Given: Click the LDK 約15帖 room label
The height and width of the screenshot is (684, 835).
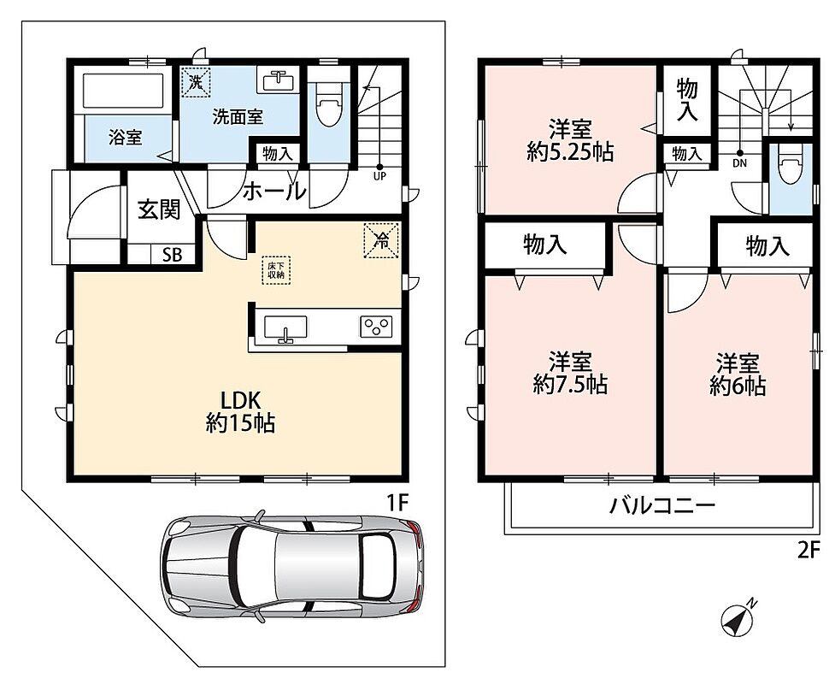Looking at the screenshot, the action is coord(240,410).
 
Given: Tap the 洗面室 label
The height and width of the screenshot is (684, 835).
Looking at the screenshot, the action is coord(238,116).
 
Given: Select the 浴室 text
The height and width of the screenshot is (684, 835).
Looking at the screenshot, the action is coord(125,138).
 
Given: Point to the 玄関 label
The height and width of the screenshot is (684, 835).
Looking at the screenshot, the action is coord(159,209).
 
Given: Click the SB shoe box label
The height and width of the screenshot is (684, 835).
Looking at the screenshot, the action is coord(172,255).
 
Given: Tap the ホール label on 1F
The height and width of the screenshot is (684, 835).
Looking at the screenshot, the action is coord(275,191).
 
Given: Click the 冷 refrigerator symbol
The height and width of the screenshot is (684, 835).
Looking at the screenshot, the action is coord(381,240).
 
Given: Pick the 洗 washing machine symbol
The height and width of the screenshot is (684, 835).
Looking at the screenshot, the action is coord(196,82).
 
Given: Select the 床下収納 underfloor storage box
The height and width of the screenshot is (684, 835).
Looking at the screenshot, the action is coord(276,270).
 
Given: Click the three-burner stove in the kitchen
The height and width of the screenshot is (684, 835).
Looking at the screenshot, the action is coord(377,327).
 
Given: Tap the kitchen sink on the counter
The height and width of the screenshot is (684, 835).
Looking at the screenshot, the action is coord(285,327).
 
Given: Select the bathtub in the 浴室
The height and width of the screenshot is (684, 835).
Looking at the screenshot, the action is coord(123,91).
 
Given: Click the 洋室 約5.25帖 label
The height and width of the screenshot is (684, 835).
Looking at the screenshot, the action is coord(570,140).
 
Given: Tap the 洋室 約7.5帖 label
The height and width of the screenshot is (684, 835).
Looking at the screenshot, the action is coord(570,373).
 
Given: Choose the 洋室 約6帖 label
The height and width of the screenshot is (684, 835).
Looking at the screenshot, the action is coord(738,374).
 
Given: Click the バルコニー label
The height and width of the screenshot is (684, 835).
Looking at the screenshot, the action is coord(662,504).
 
